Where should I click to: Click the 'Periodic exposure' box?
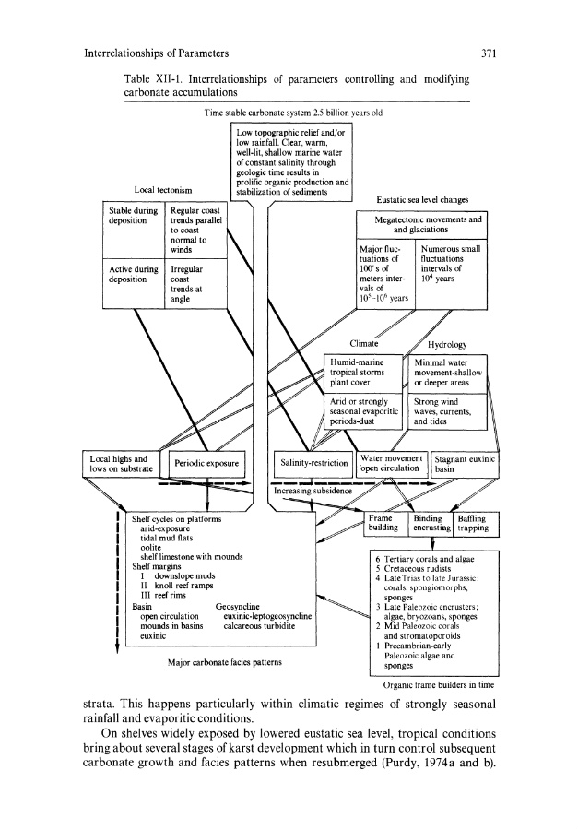coord(207,463)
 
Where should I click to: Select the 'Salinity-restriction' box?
coord(314,463)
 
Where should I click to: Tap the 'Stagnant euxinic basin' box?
coord(466,463)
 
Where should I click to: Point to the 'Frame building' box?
coord(382,523)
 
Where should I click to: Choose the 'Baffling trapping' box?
coord(471,523)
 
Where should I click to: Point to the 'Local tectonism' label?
coord(163,190)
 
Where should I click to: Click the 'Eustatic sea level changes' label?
coord(423,198)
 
